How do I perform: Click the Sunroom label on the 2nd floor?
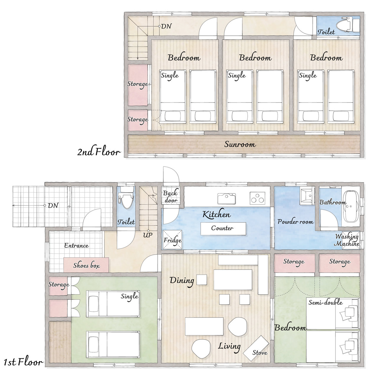click(x=240, y=144)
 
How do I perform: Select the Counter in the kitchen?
click(x=223, y=229)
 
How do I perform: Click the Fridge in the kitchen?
click(x=172, y=240)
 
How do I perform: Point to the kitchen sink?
click(x=226, y=199)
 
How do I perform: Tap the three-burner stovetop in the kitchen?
click(x=257, y=198)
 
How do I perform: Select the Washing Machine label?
click(x=347, y=240)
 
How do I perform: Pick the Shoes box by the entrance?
click(x=86, y=265)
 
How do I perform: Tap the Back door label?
click(x=171, y=197)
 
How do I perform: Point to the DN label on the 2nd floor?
click(x=166, y=26)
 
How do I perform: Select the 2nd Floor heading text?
click(x=99, y=152)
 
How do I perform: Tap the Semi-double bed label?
click(x=325, y=302)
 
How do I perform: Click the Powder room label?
click(x=295, y=221)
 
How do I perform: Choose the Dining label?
click(x=182, y=281)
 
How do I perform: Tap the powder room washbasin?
click(x=307, y=196)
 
